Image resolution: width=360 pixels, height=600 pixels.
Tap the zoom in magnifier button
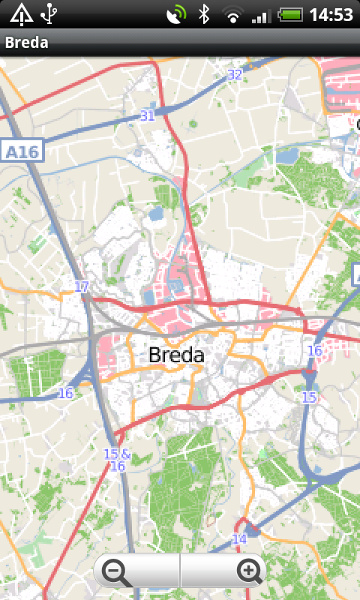[248, 572]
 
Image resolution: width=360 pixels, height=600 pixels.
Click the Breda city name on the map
[176, 355]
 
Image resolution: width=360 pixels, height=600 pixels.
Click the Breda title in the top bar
[27, 43]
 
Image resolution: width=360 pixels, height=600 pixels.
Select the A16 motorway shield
[22, 151]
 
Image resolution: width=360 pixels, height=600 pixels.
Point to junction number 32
[235, 74]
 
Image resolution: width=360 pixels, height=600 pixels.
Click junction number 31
[147, 115]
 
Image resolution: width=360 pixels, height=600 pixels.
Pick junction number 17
[82, 286]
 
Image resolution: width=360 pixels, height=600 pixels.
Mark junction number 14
[239, 539]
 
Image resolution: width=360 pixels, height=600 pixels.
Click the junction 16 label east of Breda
[314, 350]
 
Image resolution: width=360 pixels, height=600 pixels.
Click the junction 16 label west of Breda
[66, 393]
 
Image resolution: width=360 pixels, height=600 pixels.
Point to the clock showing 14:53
[331, 14]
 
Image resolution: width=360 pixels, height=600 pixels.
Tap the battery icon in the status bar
[289, 14]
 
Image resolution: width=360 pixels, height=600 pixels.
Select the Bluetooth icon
[203, 14]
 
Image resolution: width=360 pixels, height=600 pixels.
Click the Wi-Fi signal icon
[232, 14]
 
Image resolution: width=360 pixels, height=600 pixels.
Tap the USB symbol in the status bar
[49, 14]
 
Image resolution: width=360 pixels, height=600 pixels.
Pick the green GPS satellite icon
[177, 14]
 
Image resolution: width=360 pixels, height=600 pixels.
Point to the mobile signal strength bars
[261, 14]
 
